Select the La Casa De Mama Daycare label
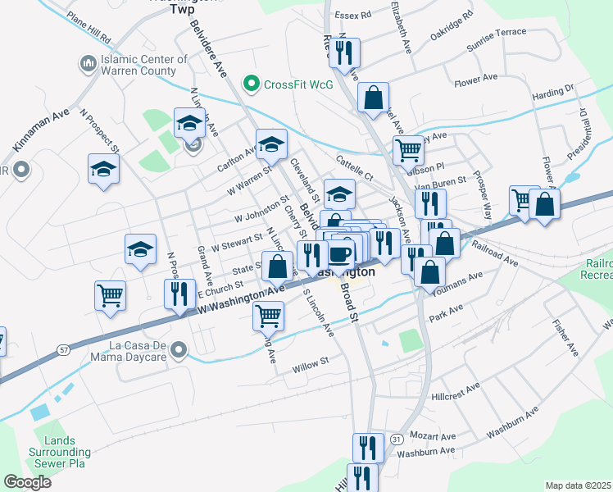tap(123, 350)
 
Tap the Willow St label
tap(311, 361)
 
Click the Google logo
tap(28, 481)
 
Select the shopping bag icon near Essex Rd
tap(373, 97)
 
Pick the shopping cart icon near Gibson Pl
tap(407, 150)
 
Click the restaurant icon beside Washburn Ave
tap(367, 448)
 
